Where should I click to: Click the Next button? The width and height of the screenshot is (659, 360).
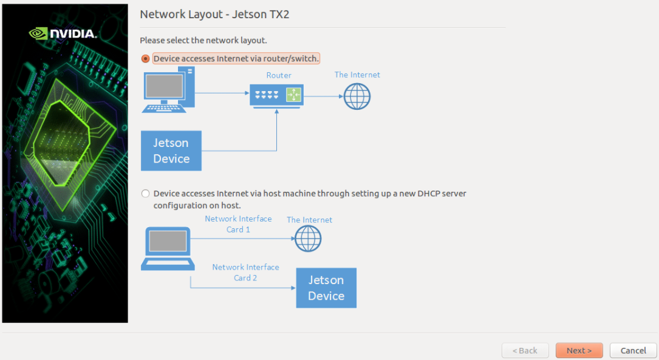pyautogui.click(x=579, y=350)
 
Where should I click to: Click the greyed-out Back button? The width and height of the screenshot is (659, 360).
pyautogui.click(x=525, y=350)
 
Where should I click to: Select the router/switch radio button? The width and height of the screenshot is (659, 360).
pyautogui.click(x=145, y=59)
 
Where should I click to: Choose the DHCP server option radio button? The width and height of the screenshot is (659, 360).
pyautogui.click(x=145, y=194)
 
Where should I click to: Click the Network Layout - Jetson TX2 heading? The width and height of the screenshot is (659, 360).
pyautogui.click(x=214, y=15)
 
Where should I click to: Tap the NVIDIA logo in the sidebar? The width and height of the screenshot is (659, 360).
pyautogui.click(x=63, y=33)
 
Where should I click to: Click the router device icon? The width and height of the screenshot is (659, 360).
pyautogui.click(x=276, y=95)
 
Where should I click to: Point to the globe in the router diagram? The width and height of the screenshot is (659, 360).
pyautogui.click(x=357, y=96)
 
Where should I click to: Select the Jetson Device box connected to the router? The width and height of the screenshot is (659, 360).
pyautogui.click(x=171, y=151)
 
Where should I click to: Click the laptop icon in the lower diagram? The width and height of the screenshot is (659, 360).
pyautogui.click(x=168, y=248)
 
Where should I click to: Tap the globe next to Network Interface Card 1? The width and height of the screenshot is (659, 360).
pyautogui.click(x=308, y=239)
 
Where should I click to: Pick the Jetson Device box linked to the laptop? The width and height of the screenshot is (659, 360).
pyautogui.click(x=326, y=288)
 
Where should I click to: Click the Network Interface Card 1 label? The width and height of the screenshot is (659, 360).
pyautogui.click(x=238, y=224)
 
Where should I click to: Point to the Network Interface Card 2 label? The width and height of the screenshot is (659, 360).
pyautogui.click(x=245, y=273)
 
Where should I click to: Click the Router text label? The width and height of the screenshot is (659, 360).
pyautogui.click(x=279, y=75)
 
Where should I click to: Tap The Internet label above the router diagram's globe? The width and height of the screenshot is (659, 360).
pyautogui.click(x=357, y=75)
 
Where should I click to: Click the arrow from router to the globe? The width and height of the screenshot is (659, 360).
pyautogui.click(x=322, y=96)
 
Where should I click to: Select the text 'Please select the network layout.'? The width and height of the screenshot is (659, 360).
pyautogui.click(x=203, y=41)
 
